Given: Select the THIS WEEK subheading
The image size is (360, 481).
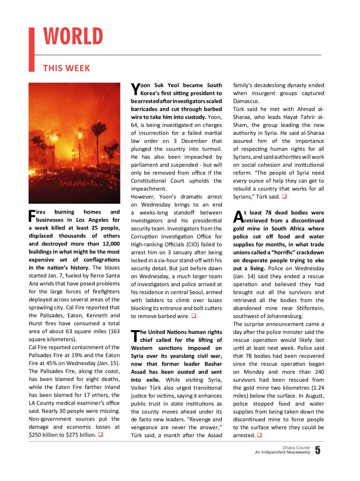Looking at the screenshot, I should (x=67, y=68).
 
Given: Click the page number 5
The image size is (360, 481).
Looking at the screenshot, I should (x=318, y=450).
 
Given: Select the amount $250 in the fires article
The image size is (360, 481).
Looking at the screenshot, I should (x=37, y=435).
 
